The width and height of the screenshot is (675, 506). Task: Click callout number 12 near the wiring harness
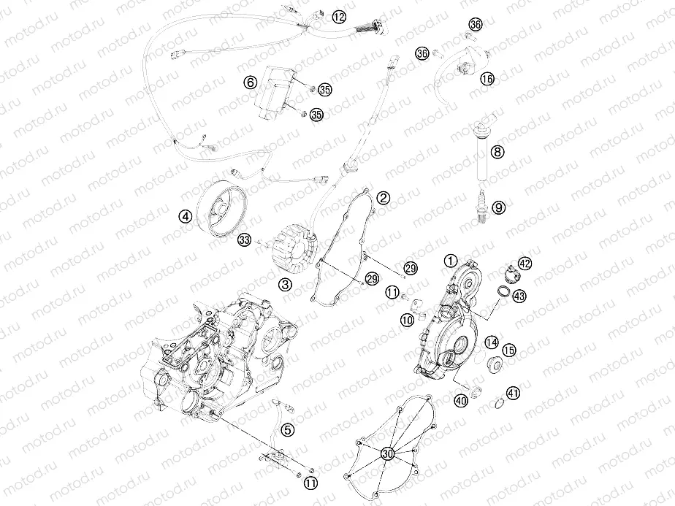coord(339,17)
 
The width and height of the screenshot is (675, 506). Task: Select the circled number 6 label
coord(250,83)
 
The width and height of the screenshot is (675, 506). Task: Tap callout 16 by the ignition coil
coord(487,79)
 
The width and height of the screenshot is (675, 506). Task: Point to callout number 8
coord(497,151)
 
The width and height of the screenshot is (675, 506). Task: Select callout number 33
coord(245,240)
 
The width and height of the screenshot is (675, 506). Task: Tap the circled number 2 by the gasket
coord(383,198)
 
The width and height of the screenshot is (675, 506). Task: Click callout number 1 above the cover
coord(450,261)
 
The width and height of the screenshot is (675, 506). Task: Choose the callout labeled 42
coord(525,264)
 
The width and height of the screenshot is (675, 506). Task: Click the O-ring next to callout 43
coord(503,291)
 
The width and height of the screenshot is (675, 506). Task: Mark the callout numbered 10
coord(407,319)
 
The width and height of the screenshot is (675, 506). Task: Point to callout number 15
coord(509,350)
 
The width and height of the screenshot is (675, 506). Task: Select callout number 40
coord(462,401)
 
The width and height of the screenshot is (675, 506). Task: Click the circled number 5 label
coord(288,429)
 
